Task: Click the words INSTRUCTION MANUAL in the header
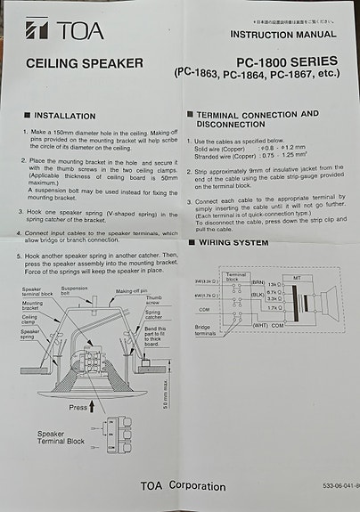tap(284, 35)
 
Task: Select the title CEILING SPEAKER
tap(85, 63)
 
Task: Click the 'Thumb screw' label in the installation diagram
tap(154, 300)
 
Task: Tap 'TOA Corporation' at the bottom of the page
tap(183, 486)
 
